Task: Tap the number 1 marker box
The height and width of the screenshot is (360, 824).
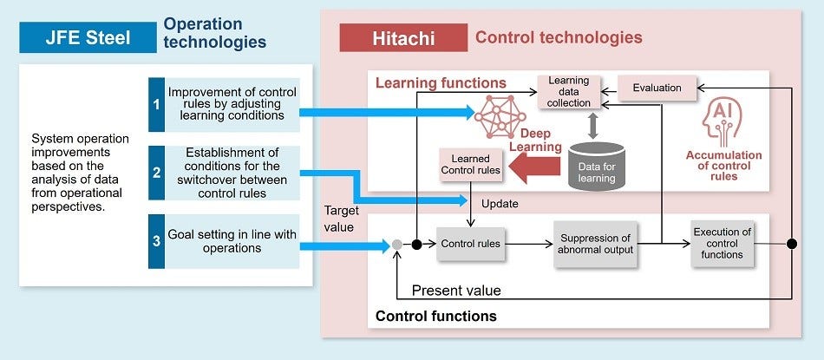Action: pyautogui.click(x=156, y=105)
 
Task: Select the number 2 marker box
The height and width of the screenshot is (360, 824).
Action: pyautogui.click(x=156, y=173)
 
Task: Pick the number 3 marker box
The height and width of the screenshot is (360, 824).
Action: pyautogui.click(x=156, y=240)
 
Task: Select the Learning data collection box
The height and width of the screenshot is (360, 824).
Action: pyautogui.click(x=570, y=93)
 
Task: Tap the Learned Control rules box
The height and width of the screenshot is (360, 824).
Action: pyautogui.click(x=470, y=165)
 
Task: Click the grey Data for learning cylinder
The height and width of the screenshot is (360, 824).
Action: pyautogui.click(x=596, y=166)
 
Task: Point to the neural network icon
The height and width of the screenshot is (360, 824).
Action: pyautogui.click(x=499, y=113)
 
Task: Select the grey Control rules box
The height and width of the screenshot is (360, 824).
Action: pyautogui.click(x=470, y=244)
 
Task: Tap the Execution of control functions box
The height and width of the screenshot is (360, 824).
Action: pyautogui.click(x=722, y=243)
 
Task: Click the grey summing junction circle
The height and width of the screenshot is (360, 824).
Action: pyautogui.click(x=396, y=245)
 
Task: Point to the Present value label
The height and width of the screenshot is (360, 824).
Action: pyautogui.click(x=455, y=291)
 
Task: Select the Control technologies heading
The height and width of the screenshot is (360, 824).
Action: pyautogui.click(x=559, y=37)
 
